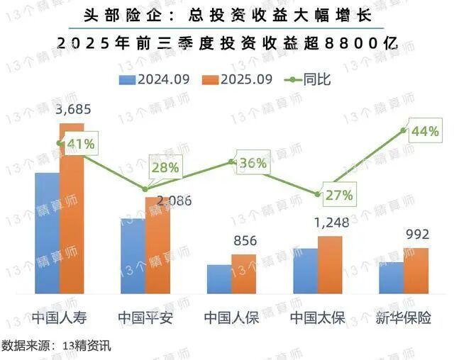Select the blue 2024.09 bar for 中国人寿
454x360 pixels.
47,233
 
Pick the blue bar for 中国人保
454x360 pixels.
219,279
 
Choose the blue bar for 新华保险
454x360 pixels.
391,278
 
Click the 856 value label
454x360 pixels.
244,241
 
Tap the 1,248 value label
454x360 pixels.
331,223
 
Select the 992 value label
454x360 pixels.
416,235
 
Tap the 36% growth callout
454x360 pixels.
252,164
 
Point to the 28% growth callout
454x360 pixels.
165,168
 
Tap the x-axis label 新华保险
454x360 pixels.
404,317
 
